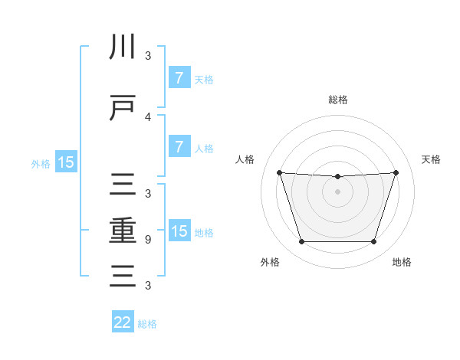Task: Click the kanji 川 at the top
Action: pos(123,47)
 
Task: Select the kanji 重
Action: pos(123,231)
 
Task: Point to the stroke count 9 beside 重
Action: pos(148,239)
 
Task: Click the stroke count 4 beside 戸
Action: pos(148,116)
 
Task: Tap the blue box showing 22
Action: pos(123,322)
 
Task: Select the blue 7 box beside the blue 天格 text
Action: pos(179,78)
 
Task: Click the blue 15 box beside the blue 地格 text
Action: pos(179,231)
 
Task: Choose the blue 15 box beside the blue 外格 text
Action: pos(65,162)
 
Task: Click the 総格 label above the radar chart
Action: pos(337,100)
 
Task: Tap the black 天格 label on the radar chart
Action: pos(431,159)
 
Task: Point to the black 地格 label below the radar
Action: pos(402,262)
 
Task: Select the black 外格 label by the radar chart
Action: pos(270,262)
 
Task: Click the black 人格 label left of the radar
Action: pos(245,159)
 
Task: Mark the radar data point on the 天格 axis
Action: pos(396,172)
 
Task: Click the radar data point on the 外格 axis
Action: pos(301,242)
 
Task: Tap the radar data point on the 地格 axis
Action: pos(373,242)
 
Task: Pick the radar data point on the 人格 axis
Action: pos(279,172)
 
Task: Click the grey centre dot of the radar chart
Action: pos(337,191)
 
